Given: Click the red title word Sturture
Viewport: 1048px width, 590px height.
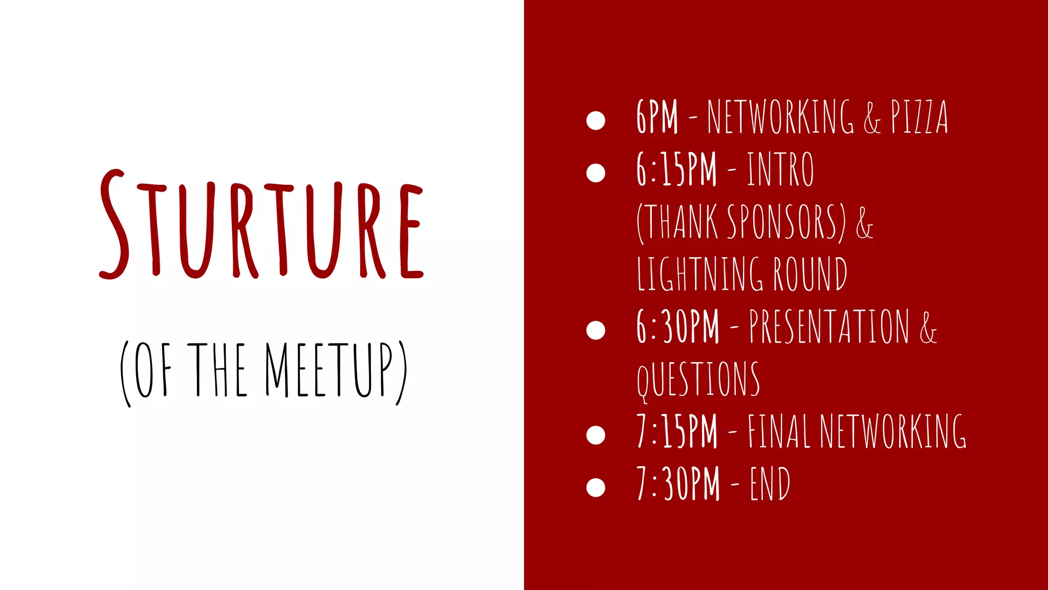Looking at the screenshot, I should pyautogui.click(x=261, y=225).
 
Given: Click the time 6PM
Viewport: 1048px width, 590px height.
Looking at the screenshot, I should pyautogui.click(x=657, y=117).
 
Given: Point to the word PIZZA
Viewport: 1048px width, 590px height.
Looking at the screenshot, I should pyautogui.click(x=919, y=117).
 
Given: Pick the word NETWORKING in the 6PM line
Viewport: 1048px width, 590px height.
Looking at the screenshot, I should pyautogui.click(x=780, y=117).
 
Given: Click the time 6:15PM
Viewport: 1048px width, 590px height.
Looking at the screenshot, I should pyautogui.click(x=676, y=170).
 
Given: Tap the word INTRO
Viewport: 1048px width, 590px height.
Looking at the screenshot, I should pyautogui.click(x=780, y=170).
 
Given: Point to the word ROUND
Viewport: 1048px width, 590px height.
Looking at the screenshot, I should pyautogui.click(x=810, y=275).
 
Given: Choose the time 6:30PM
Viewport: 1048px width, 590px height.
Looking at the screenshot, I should pyautogui.click(x=678, y=327).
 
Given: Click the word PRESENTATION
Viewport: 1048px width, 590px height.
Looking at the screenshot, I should pyautogui.click(x=829, y=327).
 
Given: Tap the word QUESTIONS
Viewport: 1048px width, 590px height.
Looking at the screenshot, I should pyautogui.click(x=698, y=380).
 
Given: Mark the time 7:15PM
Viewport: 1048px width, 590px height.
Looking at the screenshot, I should pyautogui.click(x=676, y=432).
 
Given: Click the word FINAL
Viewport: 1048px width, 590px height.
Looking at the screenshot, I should pyautogui.click(x=779, y=432).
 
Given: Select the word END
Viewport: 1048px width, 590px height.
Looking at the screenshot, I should pyautogui.click(x=770, y=484).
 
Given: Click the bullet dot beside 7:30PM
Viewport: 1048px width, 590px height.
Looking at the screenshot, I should pyautogui.click(x=596, y=487).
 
